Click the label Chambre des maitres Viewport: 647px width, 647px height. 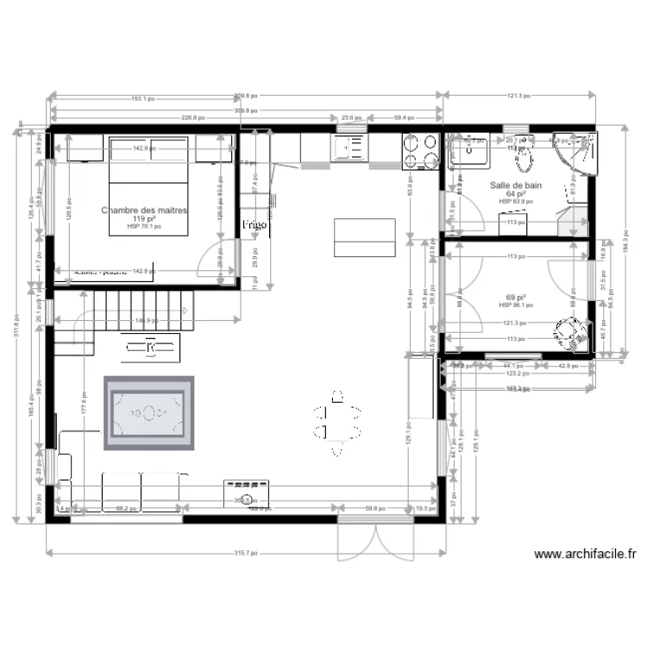(x=145, y=210)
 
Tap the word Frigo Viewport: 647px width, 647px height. (x=254, y=224)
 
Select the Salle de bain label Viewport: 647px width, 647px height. (x=516, y=185)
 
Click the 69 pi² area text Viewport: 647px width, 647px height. (x=517, y=297)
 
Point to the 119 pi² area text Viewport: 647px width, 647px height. (x=144, y=219)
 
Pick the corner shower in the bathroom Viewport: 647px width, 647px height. (x=576, y=153)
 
